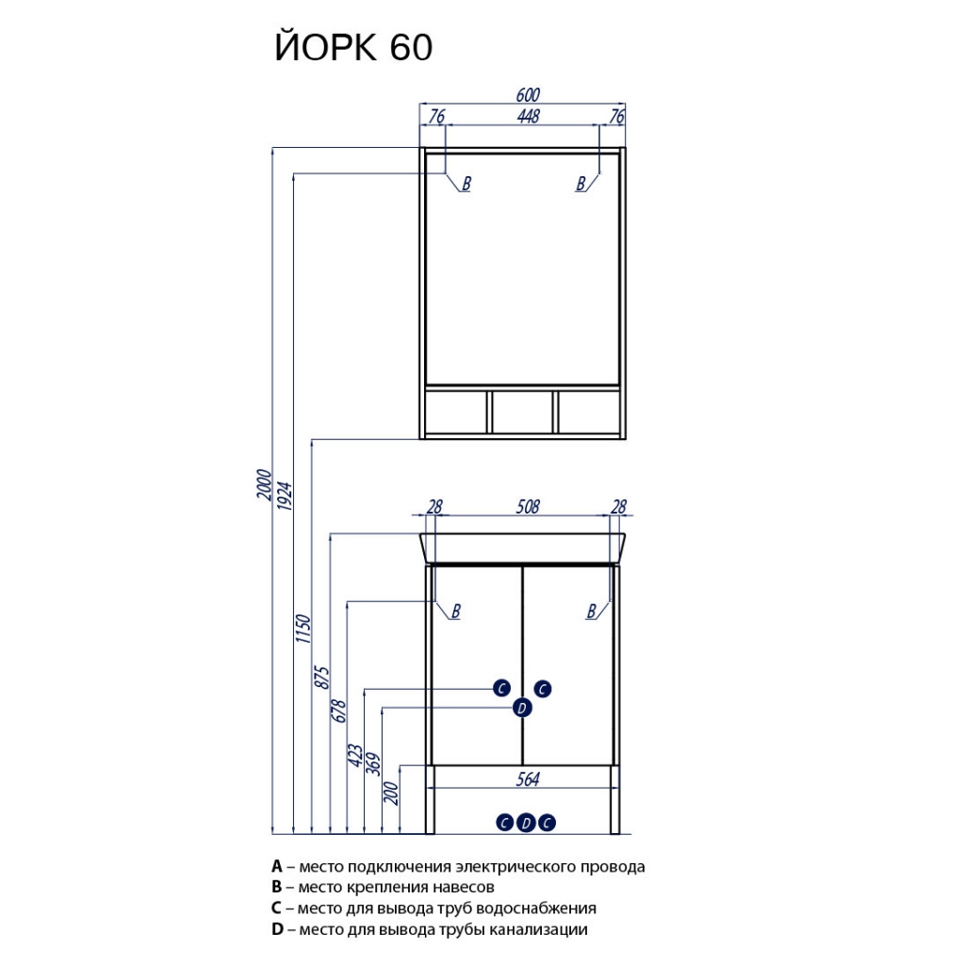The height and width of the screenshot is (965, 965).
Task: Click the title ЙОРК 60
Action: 353,47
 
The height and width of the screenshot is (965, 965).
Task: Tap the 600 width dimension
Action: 528,95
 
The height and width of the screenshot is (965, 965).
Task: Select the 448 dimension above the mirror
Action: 529,116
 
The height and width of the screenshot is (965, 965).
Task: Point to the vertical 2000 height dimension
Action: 264,484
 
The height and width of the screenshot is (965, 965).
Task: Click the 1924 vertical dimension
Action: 285,496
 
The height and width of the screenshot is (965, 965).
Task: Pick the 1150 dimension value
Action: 303,629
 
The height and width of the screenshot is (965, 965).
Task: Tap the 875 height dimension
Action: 322,677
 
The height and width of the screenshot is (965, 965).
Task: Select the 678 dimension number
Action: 339,711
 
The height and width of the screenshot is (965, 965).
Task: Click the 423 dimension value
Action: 355,755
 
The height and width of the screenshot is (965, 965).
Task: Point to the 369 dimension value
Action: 373,764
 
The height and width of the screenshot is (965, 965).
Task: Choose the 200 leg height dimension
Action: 391,793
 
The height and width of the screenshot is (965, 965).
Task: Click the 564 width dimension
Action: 528,779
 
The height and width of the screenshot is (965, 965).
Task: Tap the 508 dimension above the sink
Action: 528,506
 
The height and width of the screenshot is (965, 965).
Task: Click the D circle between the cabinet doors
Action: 522,708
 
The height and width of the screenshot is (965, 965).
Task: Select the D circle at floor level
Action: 526,823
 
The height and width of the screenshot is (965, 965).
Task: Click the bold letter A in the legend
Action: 277,867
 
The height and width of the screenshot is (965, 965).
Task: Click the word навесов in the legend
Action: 463,888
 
